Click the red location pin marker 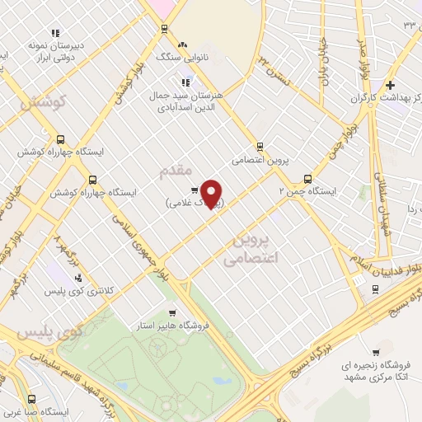point(213,194)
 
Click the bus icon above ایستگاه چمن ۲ point(308,178)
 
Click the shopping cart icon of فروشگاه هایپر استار point(171,312)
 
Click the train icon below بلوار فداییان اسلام point(376,288)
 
